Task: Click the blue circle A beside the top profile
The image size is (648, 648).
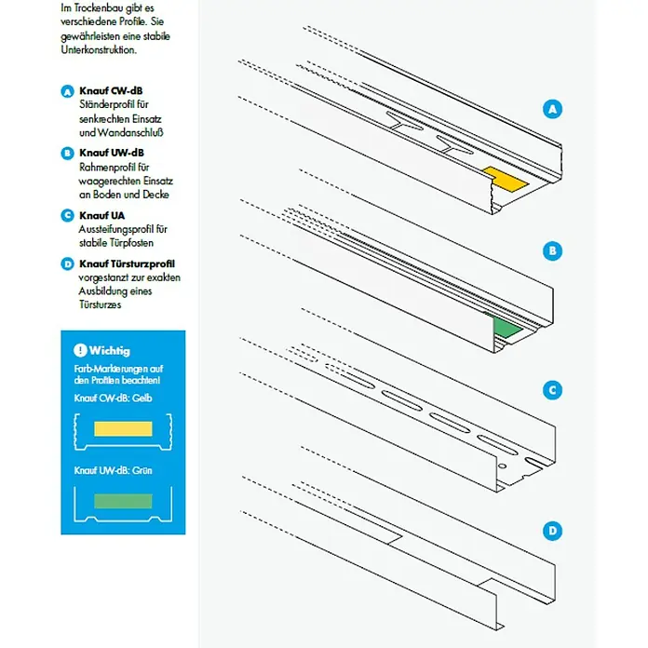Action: [x=553, y=110]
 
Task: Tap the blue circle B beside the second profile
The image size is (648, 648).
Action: [x=553, y=250]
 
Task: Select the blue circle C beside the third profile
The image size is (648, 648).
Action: [x=553, y=390]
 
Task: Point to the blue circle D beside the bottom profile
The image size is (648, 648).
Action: [x=553, y=532]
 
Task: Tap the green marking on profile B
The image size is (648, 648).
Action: [x=507, y=328]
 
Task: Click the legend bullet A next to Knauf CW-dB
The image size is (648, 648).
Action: [x=67, y=92]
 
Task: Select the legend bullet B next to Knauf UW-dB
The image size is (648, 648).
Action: [x=67, y=153]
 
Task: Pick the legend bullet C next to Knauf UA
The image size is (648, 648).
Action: [x=67, y=215]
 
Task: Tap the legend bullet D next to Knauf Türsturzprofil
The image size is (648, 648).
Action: [x=67, y=264]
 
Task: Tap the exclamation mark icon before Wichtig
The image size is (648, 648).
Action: [x=80, y=351]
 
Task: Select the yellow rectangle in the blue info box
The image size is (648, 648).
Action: [x=123, y=429]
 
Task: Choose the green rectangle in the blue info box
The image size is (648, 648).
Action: [x=123, y=501]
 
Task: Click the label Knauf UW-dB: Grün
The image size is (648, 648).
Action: [x=113, y=471]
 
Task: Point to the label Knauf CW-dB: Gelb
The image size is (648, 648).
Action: [x=113, y=398]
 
